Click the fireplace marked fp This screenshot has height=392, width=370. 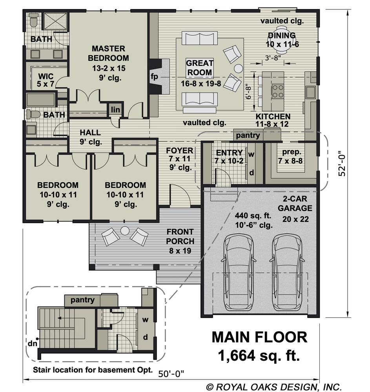click(x=159, y=76)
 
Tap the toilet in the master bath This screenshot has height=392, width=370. click(x=33, y=20)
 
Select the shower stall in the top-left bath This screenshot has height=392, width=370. click(x=56, y=21)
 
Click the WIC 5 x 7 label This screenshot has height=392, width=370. click(x=46, y=80)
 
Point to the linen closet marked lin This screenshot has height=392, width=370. click(x=115, y=109)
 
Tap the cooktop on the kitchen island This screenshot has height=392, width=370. click(x=278, y=91)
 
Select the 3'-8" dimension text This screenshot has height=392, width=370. click(x=273, y=58)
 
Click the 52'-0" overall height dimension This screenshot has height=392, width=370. click(x=342, y=163)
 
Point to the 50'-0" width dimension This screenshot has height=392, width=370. click(x=171, y=374)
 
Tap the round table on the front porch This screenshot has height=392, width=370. click(x=125, y=231)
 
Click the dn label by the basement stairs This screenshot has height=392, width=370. click(x=33, y=343)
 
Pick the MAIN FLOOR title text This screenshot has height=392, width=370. click(x=259, y=337)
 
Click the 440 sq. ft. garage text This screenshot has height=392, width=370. click(x=253, y=215)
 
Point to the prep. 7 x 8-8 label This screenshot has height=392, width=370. click(x=291, y=156)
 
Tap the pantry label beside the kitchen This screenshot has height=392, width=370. click(x=248, y=135)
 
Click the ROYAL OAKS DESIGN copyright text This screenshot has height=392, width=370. click(x=274, y=387)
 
